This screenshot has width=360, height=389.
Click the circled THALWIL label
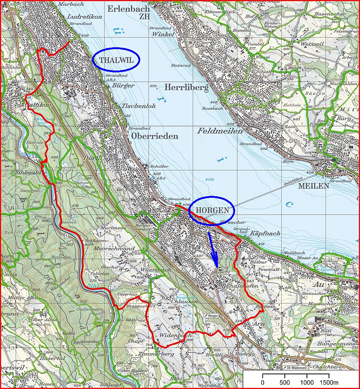116,60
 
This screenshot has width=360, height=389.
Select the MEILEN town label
313,186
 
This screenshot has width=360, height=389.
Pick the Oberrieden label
154,136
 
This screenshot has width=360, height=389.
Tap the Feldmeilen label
220,131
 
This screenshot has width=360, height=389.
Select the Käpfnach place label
265,234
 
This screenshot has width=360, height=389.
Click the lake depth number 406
210,179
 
